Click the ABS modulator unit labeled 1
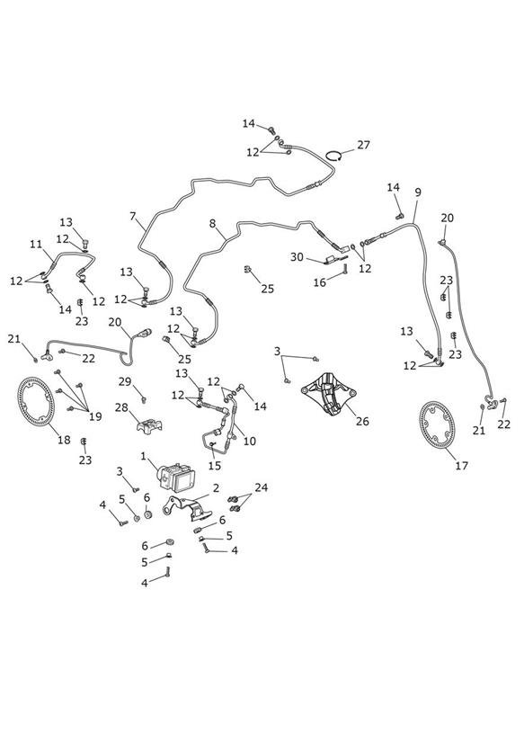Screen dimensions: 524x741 click(x=177, y=476)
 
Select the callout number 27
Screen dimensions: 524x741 click(x=363, y=145)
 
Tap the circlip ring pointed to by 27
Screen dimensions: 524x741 click(x=334, y=155)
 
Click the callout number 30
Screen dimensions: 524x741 click(x=297, y=257)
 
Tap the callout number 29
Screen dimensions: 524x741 click(x=125, y=381)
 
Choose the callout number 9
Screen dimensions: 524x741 click(x=418, y=192)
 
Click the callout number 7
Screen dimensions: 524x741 click(x=132, y=217)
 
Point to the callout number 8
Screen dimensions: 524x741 click(x=212, y=223)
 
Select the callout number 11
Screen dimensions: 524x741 click(x=36, y=245)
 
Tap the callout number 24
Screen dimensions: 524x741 click(x=262, y=487)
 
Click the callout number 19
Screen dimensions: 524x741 click(x=95, y=416)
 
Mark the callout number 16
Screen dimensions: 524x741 click(x=320, y=282)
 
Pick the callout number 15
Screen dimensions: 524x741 click(x=215, y=466)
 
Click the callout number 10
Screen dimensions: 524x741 click(x=250, y=441)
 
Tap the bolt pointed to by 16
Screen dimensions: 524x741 click(x=345, y=270)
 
